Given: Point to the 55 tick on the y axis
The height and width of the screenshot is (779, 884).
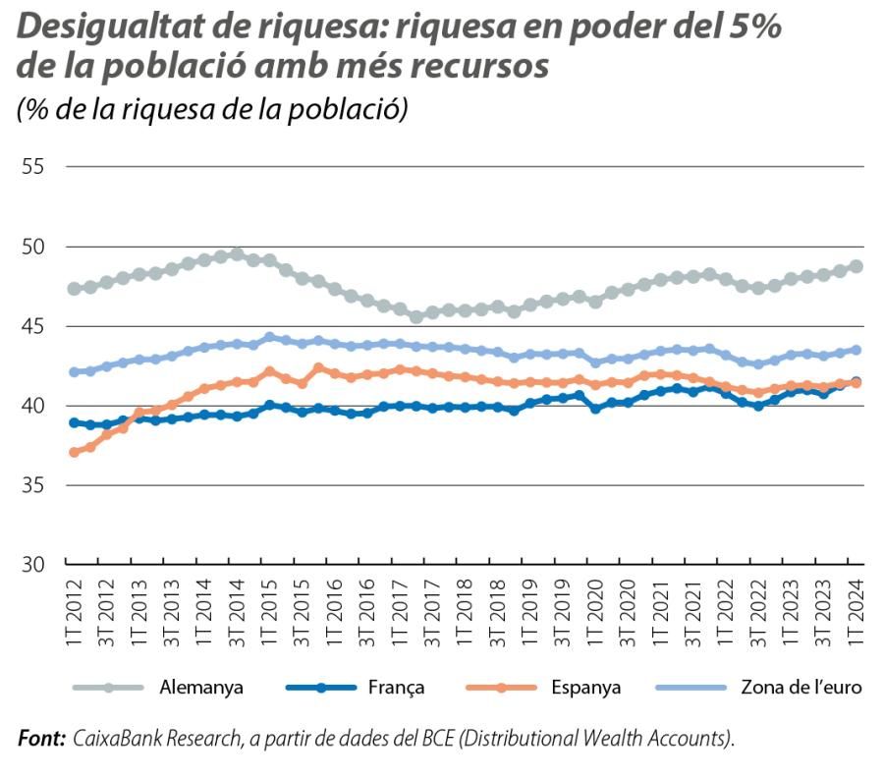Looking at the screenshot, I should click(x=32, y=166).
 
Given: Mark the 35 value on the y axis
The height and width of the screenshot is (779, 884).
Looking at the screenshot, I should click(x=32, y=485).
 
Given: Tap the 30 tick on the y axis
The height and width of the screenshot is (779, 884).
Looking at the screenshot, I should click(x=32, y=565).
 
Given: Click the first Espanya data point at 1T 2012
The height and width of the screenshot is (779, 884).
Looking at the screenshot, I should click(x=75, y=452).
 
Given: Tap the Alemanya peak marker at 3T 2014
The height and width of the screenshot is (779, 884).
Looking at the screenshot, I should click(x=237, y=254).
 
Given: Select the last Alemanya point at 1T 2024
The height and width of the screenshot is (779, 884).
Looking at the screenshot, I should click(x=856, y=266).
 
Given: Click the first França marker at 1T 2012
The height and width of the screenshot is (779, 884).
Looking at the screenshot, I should click(x=75, y=422).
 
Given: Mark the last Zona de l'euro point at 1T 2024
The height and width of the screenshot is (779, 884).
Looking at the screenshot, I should click(x=856, y=350).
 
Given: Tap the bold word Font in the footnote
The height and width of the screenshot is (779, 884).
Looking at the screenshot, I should click(x=41, y=738).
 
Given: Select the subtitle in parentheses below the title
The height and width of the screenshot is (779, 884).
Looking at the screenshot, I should click(x=212, y=108).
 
